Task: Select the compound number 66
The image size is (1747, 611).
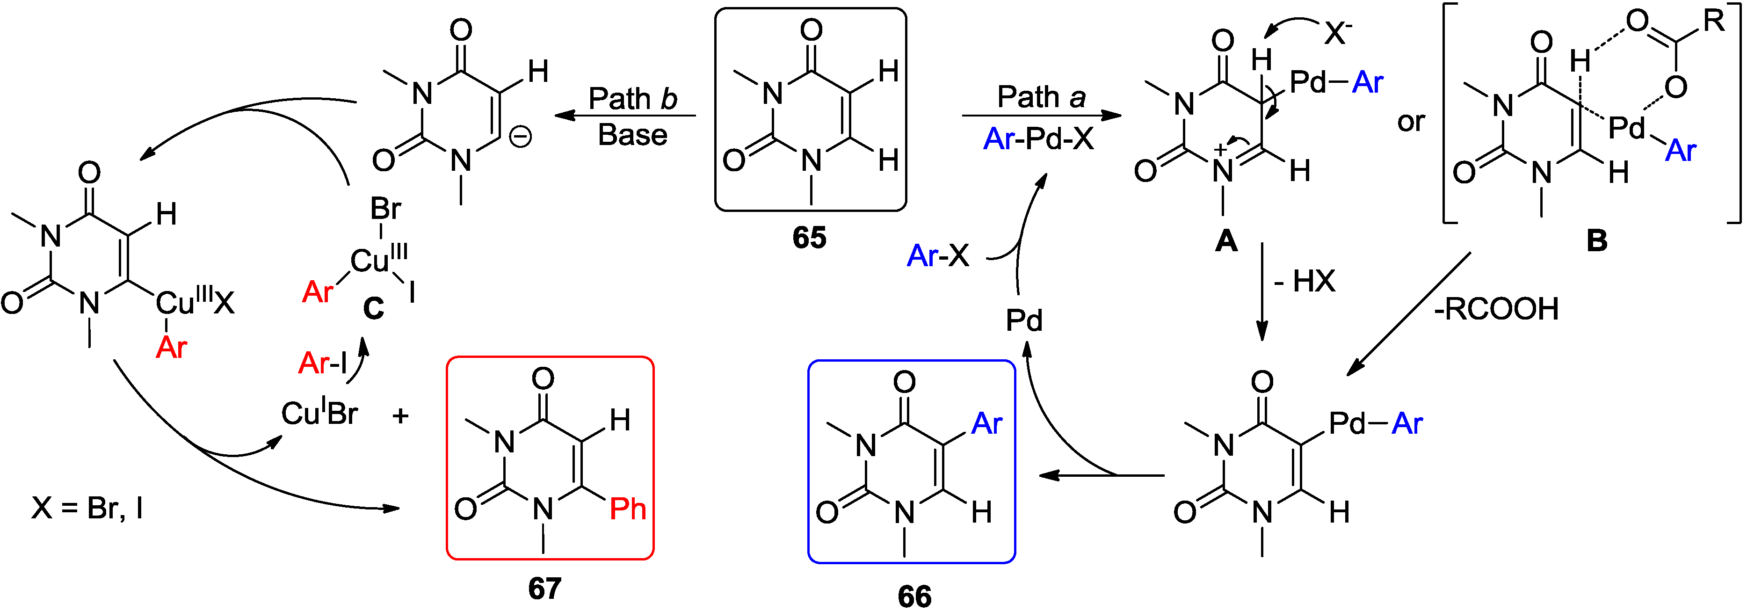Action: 914,596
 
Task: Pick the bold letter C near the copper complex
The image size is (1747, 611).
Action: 373,309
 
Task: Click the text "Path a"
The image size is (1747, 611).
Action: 1041,97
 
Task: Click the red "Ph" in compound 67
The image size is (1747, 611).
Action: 627,509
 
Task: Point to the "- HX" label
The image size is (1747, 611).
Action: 1304,281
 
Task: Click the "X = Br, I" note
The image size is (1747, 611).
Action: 87,507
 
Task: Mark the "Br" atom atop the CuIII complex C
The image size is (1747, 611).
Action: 385,209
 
